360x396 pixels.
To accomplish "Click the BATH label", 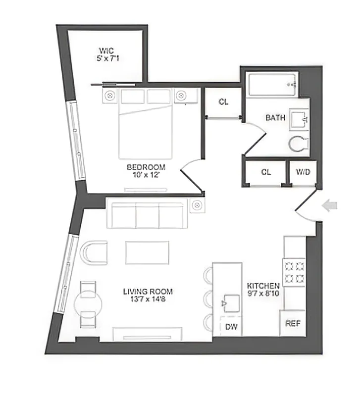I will click(x=275, y=118).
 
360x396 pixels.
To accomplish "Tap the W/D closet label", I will click(x=303, y=172).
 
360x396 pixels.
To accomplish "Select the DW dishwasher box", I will click(x=231, y=326).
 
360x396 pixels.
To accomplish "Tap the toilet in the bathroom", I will click(x=299, y=144).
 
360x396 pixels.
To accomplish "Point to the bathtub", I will click(x=273, y=85).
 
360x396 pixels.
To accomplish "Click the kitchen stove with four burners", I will click(x=293, y=272).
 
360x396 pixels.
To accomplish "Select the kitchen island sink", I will click(x=228, y=301).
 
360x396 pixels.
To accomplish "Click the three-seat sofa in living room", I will click(x=148, y=213).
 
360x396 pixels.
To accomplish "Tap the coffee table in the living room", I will click(x=147, y=252).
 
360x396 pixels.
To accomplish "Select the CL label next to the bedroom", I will click(x=223, y=102).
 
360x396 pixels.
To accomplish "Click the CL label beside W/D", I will click(x=266, y=172).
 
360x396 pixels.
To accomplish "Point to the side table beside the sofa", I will click(x=197, y=205).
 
